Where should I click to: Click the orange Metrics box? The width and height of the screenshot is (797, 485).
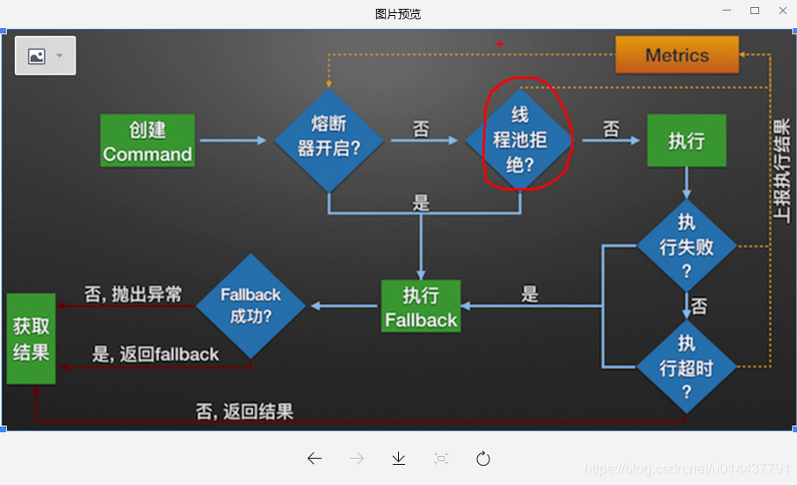[677, 55]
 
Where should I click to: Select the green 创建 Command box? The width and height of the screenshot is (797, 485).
[148, 141]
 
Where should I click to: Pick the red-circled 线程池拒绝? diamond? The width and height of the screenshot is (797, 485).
[520, 139]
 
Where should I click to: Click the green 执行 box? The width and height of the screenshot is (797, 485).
[686, 141]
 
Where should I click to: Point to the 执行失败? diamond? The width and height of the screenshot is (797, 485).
[686, 246]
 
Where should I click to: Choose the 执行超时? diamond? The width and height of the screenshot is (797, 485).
[686, 366]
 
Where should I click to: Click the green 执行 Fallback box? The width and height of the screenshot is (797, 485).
[421, 307]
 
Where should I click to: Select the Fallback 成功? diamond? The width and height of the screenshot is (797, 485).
[250, 306]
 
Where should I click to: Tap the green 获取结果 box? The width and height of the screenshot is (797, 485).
[31, 338]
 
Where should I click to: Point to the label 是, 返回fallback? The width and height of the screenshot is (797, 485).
[156, 355]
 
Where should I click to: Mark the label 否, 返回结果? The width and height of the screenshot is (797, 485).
[244, 410]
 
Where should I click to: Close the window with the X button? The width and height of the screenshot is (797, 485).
[782, 11]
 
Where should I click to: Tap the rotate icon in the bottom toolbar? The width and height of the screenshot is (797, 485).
[482, 458]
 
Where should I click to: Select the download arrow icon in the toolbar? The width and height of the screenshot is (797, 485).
[398, 458]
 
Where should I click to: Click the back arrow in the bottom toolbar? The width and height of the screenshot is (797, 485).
[315, 458]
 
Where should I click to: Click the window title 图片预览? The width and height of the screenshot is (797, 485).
[398, 13]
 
